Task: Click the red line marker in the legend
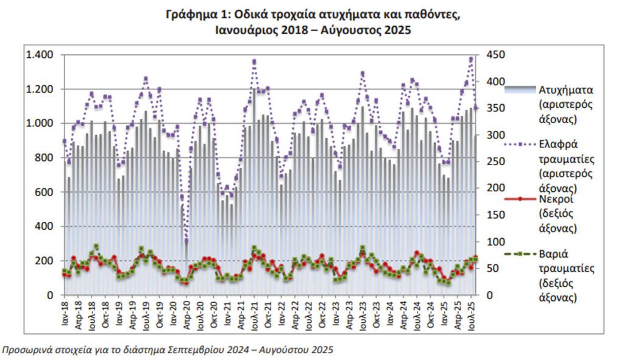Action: [x=520, y=199]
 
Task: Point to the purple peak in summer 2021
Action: [x=254, y=62]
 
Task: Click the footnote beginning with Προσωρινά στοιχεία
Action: [x=168, y=350]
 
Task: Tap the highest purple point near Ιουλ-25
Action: [x=471, y=59]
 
